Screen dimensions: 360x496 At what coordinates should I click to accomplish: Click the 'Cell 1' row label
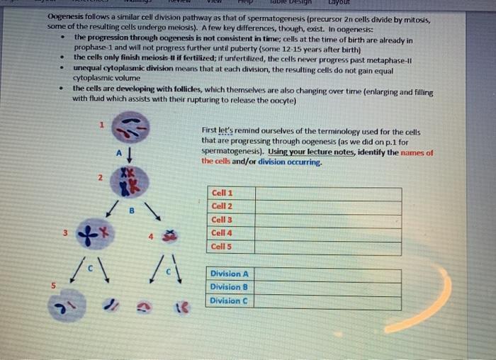coord(222,193)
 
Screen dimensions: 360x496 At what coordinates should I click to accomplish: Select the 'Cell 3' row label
coord(222,220)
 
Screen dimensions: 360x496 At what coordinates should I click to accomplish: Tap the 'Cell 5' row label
coord(222,247)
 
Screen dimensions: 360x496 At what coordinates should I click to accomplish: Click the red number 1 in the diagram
coord(101,125)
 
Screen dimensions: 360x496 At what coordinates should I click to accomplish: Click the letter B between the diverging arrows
coord(131,210)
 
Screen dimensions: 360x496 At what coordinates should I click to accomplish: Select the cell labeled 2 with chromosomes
coord(128,181)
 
